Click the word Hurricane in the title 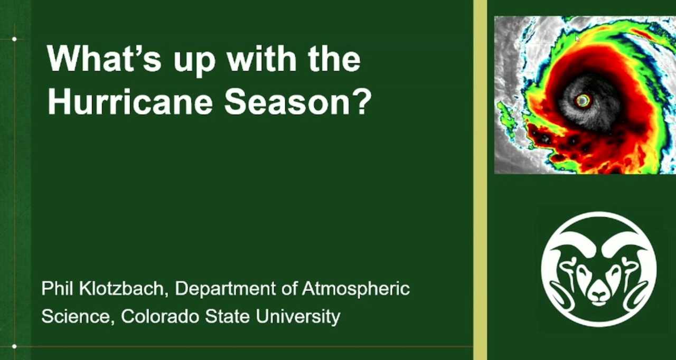tap(130, 101)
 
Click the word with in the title tap(261, 59)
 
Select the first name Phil tap(57, 289)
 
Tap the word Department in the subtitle tap(226, 289)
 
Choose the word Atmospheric tap(356, 289)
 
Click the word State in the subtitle tap(227, 316)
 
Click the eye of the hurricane tap(583, 100)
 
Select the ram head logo tap(599, 269)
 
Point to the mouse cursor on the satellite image tap(578, 39)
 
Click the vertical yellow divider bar tap(480, 180)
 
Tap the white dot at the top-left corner tap(14, 39)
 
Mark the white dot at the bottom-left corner tap(14, 346)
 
